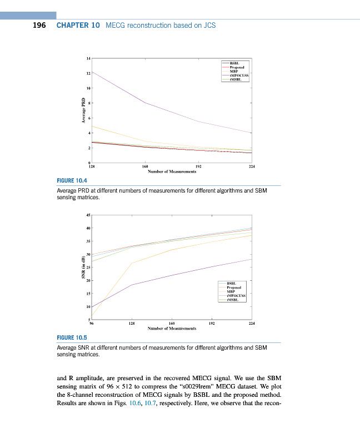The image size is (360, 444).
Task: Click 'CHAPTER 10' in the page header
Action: click(x=78, y=26)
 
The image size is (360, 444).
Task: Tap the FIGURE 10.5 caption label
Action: click(x=72, y=337)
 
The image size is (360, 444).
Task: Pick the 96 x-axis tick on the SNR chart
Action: click(x=92, y=324)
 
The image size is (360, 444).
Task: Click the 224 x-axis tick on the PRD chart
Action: click(x=252, y=167)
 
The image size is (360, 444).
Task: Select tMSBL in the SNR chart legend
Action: click(x=233, y=300)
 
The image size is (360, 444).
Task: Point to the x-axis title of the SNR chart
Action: click(x=171, y=329)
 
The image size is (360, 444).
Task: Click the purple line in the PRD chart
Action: click(x=146, y=103)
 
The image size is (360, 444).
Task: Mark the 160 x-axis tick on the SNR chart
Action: click(x=172, y=324)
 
